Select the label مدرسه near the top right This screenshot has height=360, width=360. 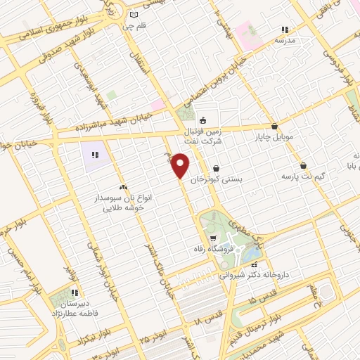(285, 41)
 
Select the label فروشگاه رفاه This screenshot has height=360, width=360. (212, 250)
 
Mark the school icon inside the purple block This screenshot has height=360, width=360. (94, 153)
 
